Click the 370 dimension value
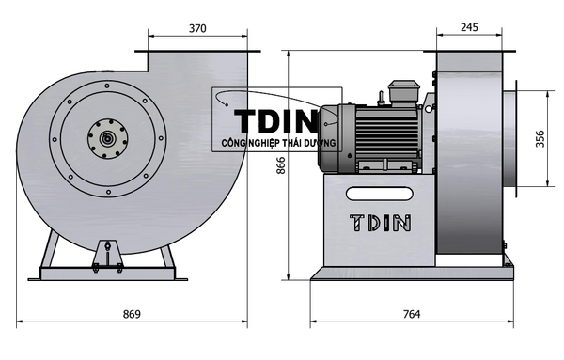197,28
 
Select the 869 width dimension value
132,314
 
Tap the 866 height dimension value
280,165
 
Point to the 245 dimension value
469,27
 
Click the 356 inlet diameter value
540,138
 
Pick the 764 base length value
412,314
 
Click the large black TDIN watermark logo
275,121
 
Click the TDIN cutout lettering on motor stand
380,223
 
